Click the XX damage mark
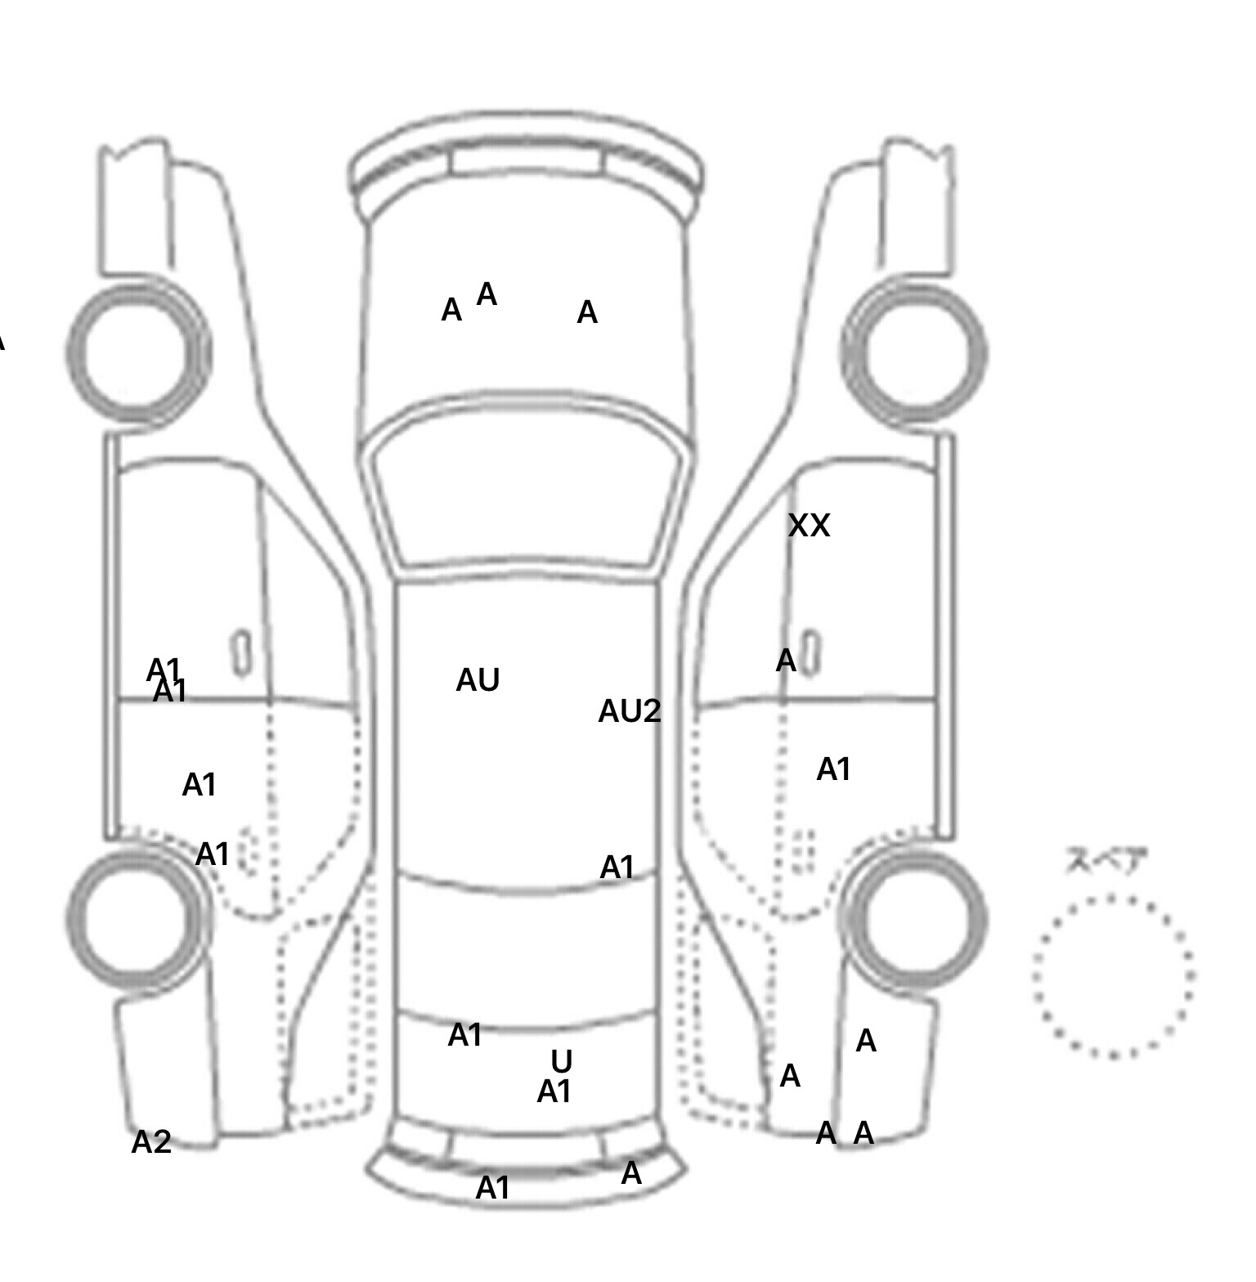pyautogui.click(x=809, y=525)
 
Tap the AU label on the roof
pyautogui.click(x=478, y=680)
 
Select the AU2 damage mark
pyautogui.click(x=629, y=711)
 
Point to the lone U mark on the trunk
pyautogui.click(x=561, y=1061)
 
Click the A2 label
pyautogui.click(x=151, y=1142)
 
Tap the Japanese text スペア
pyautogui.click(x=1107, y=861)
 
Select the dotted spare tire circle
pyautogui.click(x=1113, y=976)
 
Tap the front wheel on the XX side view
pyautogui.click(x=914, y=353)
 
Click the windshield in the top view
pyautogui.click(x=528, y=491)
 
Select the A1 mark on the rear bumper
pyautogui.click(x=492, y=1187)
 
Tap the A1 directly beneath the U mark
pyautogui.click(x=554, y=1091)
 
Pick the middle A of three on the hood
pyautogui.click(x=487, y=294)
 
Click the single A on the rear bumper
pyautogui.click(x=631, y=1174)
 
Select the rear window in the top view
pyautogui.click(x=527, y=948)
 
